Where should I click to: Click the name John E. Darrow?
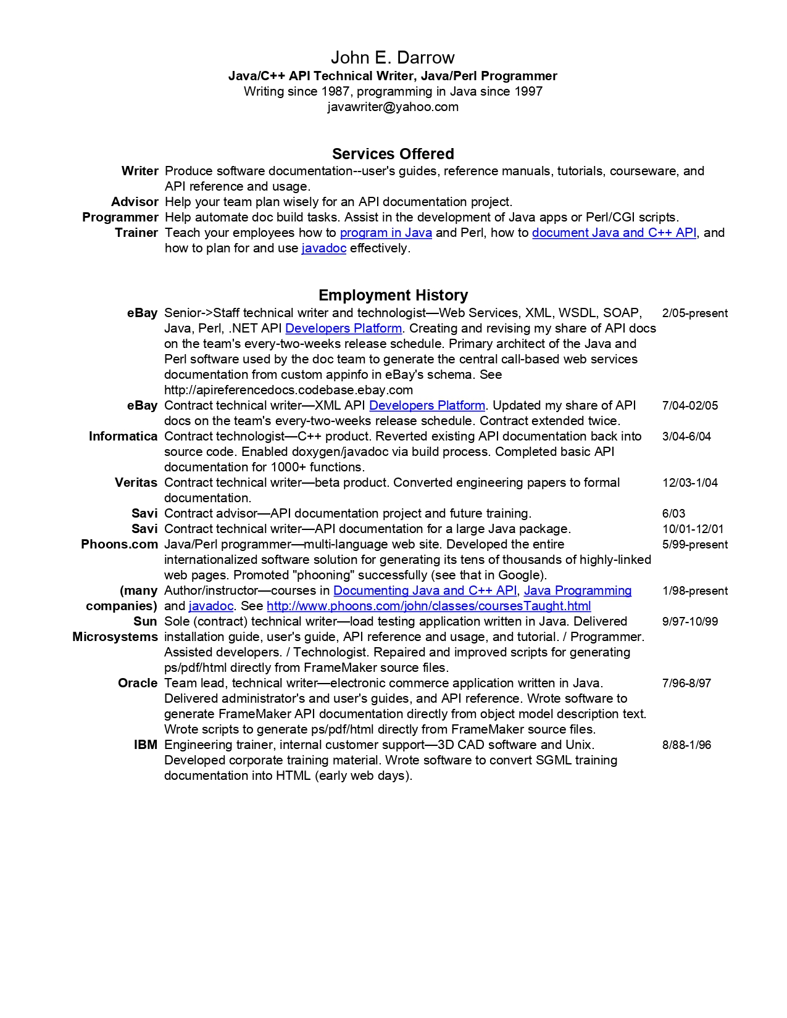click(393, 57)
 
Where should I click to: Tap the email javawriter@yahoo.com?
click(393, 107)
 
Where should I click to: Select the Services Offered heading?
click(393, 154)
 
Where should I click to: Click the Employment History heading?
click(393, 295)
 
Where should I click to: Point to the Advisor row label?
click(135, 202)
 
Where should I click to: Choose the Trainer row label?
click(136, 233)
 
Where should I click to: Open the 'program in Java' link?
click(386, 233)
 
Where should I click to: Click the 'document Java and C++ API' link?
click(614, 233)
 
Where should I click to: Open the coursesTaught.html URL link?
click(428, 606)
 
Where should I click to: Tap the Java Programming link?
click(578, 590)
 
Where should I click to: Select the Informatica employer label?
click(123, 436)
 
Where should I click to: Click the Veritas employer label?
click(136, 482)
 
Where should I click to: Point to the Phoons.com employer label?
click(119, 544)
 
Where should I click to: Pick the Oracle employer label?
click(138, 683)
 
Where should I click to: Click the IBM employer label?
click(146, 745)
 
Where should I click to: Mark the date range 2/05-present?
click(694, 313)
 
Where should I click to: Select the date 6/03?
click(673, 514)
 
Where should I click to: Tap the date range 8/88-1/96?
click(686, 745)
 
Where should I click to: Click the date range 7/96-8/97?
click(686, 684)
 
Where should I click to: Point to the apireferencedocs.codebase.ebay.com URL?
click(288, 390)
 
